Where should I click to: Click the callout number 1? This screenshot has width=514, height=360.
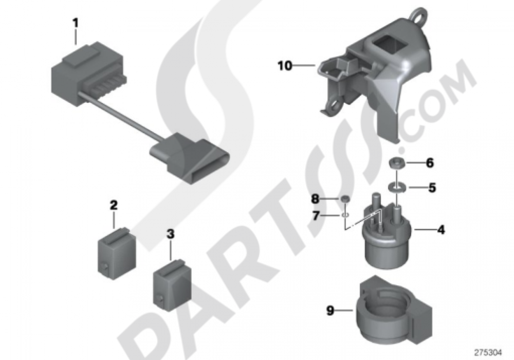click(76, 23)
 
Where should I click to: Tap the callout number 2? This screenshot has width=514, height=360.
click(114, 206)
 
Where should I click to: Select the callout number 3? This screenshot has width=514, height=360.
click(171, 234)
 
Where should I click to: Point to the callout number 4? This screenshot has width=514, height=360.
click(441, 230)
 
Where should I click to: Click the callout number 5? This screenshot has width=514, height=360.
click(432, 188)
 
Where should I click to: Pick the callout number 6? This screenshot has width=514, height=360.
click(430, 163)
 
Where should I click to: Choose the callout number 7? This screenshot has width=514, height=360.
click(316, 215)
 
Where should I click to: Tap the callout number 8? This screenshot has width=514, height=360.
click(315, 199)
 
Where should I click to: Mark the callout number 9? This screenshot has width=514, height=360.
click(330, 310)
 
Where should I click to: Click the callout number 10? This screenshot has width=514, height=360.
click(285, 66)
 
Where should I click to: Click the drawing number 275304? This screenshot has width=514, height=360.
click(488, 353)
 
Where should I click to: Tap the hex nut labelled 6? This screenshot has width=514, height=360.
click(394, 163)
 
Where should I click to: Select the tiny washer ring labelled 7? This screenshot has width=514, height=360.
click(345, 215)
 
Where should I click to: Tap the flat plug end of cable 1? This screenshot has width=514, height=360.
click(190, 157)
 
